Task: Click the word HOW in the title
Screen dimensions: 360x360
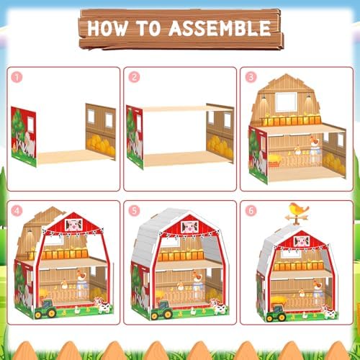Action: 107,28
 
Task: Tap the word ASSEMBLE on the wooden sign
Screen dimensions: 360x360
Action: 220,28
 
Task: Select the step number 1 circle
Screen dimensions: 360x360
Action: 17,77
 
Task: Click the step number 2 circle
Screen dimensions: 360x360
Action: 134,77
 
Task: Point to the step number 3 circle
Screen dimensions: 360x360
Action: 251,77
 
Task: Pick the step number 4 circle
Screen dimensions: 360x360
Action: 17,211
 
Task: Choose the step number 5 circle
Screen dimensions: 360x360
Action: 134,211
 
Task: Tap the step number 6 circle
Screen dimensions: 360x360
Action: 251,211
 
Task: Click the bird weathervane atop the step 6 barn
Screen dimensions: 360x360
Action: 297,214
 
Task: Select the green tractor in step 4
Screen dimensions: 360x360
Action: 45,309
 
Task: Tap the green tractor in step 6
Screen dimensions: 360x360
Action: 276,313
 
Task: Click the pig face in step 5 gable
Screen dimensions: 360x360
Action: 189,227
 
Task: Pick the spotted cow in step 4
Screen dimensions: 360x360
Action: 104,305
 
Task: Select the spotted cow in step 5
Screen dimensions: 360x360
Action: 219,307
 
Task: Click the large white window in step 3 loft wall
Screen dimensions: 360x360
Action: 287,102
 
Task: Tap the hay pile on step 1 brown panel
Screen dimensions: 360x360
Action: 101,144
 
